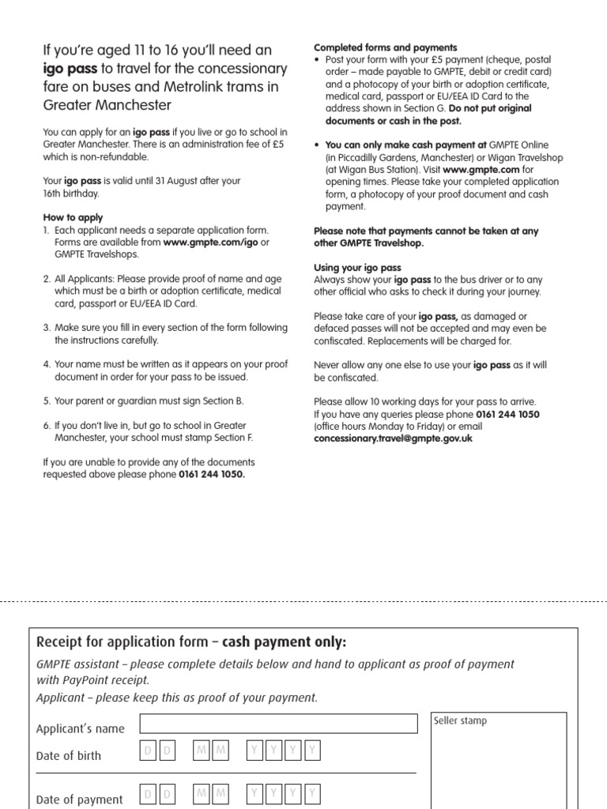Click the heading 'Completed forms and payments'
pyautogui.click(x=386, y=48)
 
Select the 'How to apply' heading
pyautogui.click(x=73, y=217)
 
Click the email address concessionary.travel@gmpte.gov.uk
pyautogui.click(x=393, y=438)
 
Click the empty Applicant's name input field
pyautogui.click(x=278, y=724)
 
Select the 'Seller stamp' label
pyautogui.click(x=461, y=721)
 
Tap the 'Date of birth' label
pyautogui.click(x=69, y=756)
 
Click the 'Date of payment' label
pyautogui.click(x=79, y=800)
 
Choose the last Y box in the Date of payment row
pyautogui.click(x=313, y=793)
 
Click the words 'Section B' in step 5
pyautogui.click(x=224, y=401)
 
